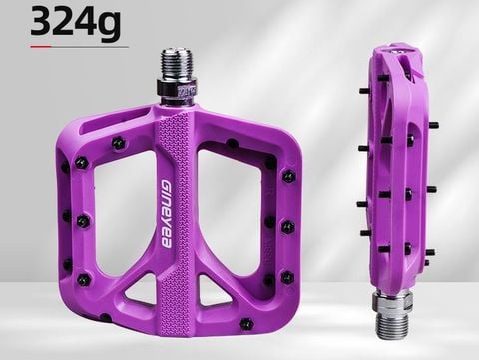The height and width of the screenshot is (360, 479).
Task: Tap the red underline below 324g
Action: coord(79,47)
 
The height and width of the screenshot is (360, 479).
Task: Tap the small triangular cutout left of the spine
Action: coord(142,292)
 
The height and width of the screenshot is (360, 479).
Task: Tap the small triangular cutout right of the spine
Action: coord(211,292)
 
